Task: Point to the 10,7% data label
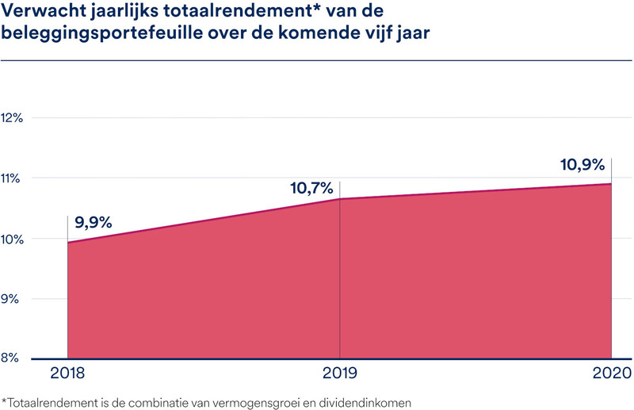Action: (313, 189)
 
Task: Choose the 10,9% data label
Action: (583, 165)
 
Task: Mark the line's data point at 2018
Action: (68, 243)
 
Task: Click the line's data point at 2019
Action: (339, 199)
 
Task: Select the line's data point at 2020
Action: (611, 184)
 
